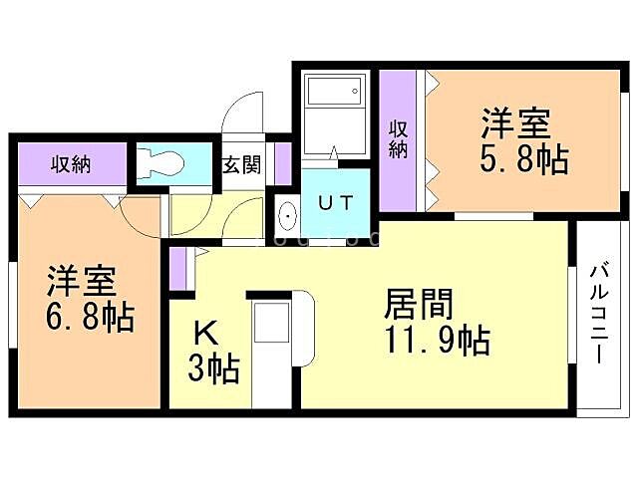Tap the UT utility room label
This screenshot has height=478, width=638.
(x=334, y=202)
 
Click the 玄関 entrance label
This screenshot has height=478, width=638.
(x=241, y=164)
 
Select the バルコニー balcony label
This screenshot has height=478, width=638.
(x=600, y=315)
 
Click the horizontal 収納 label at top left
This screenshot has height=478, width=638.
(x=71, y=163)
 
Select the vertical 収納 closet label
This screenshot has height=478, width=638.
(x=399, y=139)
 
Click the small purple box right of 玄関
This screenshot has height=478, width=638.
(x=282, y=164)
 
